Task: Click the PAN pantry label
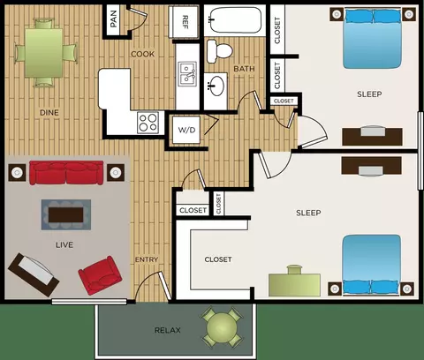(x=113, y=19)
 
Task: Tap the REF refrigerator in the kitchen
(x=184, y=22)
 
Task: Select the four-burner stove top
(x=148, y=123)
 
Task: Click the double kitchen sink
(x=187, y=74)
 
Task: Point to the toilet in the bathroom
(x=220, y=51)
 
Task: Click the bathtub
(x=235, y=19)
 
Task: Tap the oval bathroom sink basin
(x=216, y=86)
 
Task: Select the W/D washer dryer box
(x=186, y=130)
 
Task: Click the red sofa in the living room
(x=66, y=172)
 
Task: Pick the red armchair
(x=101, y=275)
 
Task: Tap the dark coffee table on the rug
(x=66, y=215)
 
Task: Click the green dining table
(x=43, y=53)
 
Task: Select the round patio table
(x=222, y=327)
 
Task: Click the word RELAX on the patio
(x=168, y=330)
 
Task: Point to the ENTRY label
(x=147, y=259)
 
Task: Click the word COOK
(x=143, y=54)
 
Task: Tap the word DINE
(x=49, y=112)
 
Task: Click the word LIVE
(x=64, y=244)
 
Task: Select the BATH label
(x=244, y=69)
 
